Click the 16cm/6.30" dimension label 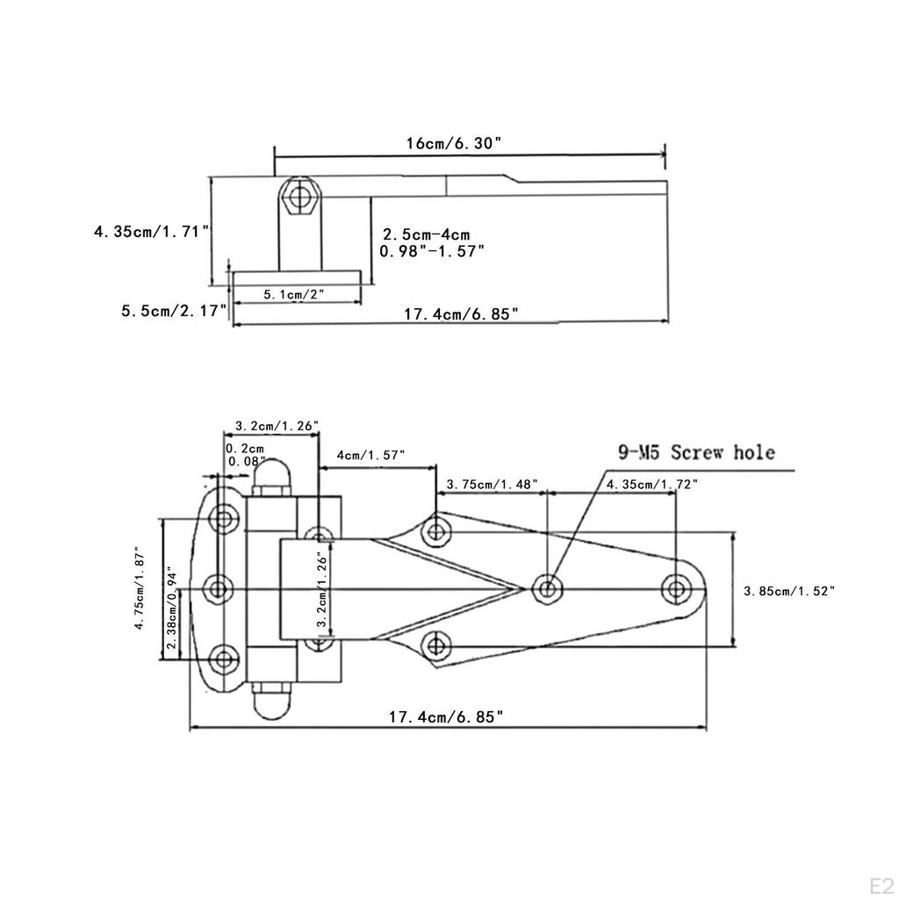click(453, 143)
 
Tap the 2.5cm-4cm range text click(425, 234)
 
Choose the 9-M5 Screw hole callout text click(697, 453)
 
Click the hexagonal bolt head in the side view click(299, 198)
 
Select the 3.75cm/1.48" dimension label click(492, 484)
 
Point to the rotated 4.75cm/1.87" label click(140, 587)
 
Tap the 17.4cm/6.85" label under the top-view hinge click(448, 717)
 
